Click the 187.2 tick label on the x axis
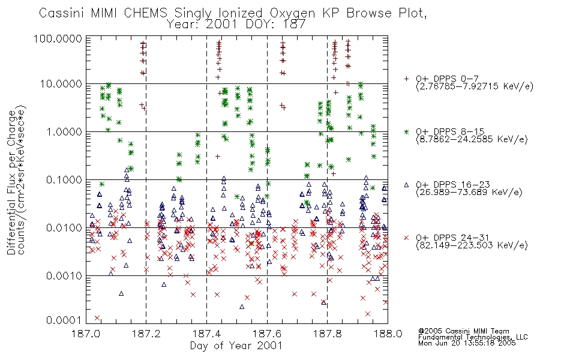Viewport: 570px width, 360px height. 146,334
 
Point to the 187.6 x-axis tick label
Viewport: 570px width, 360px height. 267,334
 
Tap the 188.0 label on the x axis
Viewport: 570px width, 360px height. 388,334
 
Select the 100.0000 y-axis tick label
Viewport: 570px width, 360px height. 58,38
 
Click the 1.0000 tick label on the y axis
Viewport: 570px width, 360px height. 64,131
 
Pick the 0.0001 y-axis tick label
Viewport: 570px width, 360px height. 64,320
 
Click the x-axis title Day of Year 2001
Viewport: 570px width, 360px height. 236,346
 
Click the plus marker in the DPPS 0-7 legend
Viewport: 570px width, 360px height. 406,79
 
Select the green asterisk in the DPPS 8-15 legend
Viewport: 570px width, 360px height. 406,131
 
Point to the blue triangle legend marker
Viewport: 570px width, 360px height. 406,185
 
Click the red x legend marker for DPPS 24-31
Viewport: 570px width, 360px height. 406,238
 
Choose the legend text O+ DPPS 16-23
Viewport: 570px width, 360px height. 453,185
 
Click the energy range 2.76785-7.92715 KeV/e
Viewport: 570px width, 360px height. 475,86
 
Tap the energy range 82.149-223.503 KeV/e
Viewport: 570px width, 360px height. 472,245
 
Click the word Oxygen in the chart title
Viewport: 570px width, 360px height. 292,13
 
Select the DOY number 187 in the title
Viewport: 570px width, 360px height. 294,25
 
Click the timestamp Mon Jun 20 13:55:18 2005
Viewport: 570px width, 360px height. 467,343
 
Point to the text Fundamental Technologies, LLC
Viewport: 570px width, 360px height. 473,337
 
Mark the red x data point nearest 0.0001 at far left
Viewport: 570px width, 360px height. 97,318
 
